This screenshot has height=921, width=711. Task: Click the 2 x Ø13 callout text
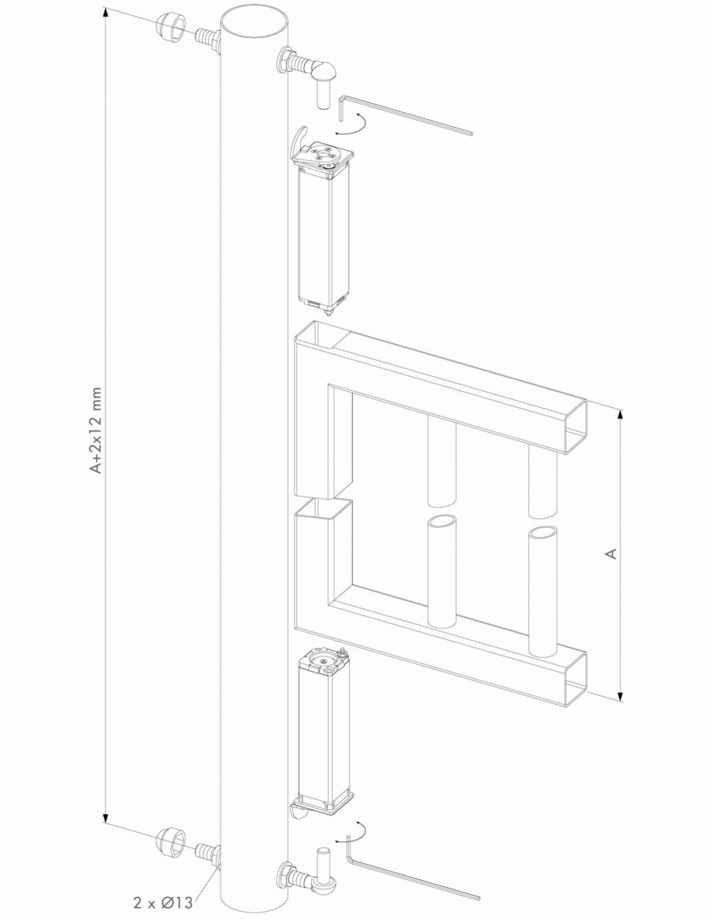tap(162, 901)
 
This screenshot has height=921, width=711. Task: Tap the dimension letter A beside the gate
tap(610, 553)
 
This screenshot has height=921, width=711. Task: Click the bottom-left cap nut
tap(170, 841)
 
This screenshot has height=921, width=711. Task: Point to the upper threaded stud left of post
tap(207, 36)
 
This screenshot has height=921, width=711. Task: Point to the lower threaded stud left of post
tap(207, 854)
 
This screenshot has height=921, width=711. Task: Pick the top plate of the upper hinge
tap(325, 156)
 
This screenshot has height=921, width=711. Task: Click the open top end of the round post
tap(254, 19)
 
